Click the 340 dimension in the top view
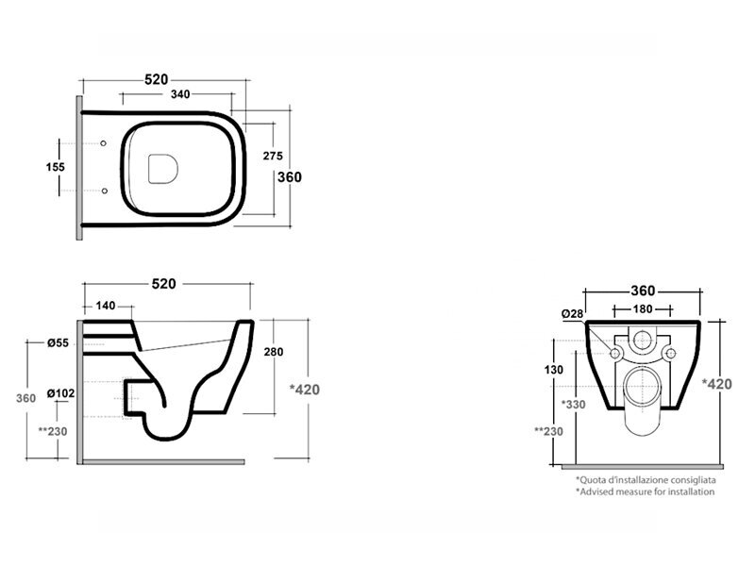[x=180, y=94]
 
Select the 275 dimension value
[x=273, y=156]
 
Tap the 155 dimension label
[x=56, y=167]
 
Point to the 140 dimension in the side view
[x=106, y=306]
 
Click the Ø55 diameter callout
[x=59, y=343]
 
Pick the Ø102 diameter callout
[x=60, y=393]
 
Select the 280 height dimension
[x=274, y=352]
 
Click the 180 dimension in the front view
[x=643, y=309]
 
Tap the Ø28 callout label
[x=572, y=314]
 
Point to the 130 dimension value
[x=554, y=370]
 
